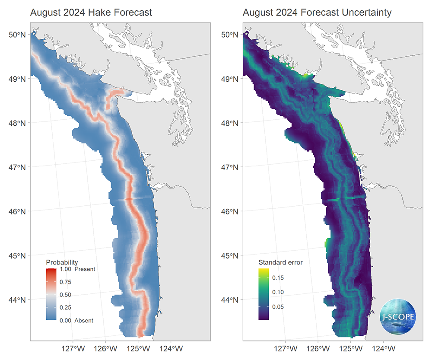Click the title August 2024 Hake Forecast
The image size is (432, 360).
[x=91, y=13]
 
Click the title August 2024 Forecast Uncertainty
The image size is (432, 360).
[x=317, y=13]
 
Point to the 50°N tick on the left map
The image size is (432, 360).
[x=17, y=34]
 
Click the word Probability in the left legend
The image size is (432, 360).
[x=62, y=262]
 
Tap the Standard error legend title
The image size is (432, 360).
[x=280, y=262]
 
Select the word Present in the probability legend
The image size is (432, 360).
[x=85, y=269]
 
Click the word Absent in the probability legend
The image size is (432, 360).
[x=84, y=321]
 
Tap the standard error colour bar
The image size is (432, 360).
[x=264, y=294]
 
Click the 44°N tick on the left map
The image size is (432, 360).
[x=17, y=299]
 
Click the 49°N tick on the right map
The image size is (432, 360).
[x=230, y=79]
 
